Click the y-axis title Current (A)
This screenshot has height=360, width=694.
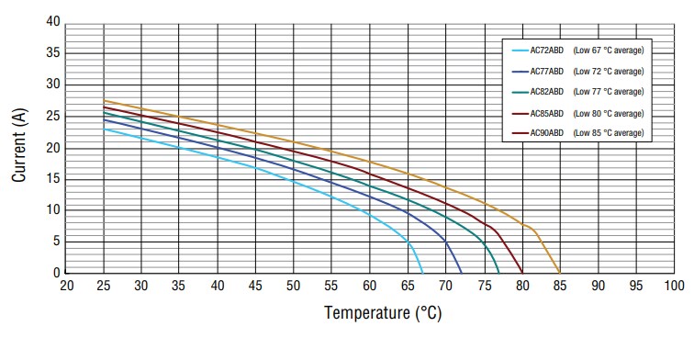[19, 148]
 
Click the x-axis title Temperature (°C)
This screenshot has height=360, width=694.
[383, 313]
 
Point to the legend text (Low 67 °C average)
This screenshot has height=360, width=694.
[609, 51]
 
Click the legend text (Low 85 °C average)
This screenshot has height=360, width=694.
[609, 133]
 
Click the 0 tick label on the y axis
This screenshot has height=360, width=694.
[57, 274]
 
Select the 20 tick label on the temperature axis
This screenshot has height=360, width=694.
[66, 287]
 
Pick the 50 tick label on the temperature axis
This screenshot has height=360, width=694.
[294, 287]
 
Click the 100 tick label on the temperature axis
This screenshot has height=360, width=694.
[673, 287]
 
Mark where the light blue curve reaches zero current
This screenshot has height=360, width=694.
[422, 273]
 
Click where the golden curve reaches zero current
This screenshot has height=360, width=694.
[559, 273]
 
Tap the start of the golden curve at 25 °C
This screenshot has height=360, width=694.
[104, 101]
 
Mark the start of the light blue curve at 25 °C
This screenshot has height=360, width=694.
[104, 129]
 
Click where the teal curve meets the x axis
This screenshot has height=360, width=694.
[498, 273]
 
